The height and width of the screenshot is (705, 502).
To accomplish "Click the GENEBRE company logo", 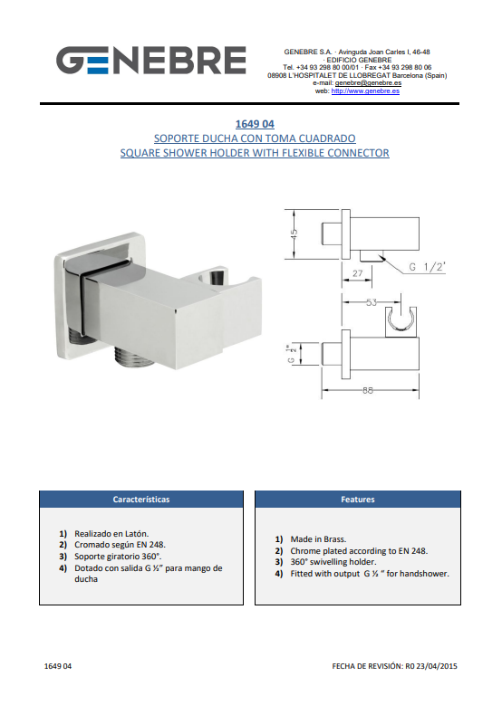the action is [150, 61].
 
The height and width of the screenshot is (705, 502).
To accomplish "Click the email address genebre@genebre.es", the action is [368, 83].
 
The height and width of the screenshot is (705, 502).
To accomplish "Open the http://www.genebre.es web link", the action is [365, 91].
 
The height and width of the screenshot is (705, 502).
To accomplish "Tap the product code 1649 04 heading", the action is [255, 124].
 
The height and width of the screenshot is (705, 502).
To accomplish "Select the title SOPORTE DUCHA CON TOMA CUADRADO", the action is [255, 138].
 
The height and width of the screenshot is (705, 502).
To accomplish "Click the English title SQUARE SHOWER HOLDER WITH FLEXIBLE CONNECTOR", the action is [255, 153].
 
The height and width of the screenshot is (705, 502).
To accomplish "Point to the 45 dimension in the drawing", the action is [294, 233].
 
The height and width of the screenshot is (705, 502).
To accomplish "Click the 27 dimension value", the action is [358, 273].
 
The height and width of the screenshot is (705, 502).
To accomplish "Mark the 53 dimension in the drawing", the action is [372, 302].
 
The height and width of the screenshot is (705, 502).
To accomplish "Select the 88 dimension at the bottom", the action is [368, 390].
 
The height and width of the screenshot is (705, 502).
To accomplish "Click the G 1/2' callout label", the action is [427, 267].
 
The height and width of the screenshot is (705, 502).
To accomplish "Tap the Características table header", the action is [141, 500].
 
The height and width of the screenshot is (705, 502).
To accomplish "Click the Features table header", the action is [358, 500].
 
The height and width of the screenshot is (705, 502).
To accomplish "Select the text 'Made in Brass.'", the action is [318, 539].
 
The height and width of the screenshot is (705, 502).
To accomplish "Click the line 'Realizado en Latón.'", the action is [111, 534].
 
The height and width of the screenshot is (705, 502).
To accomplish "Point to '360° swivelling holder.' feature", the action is [333, 562].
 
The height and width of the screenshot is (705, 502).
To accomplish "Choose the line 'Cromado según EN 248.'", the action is [120, 545].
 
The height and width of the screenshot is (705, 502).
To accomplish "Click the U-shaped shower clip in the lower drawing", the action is [401, 320].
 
